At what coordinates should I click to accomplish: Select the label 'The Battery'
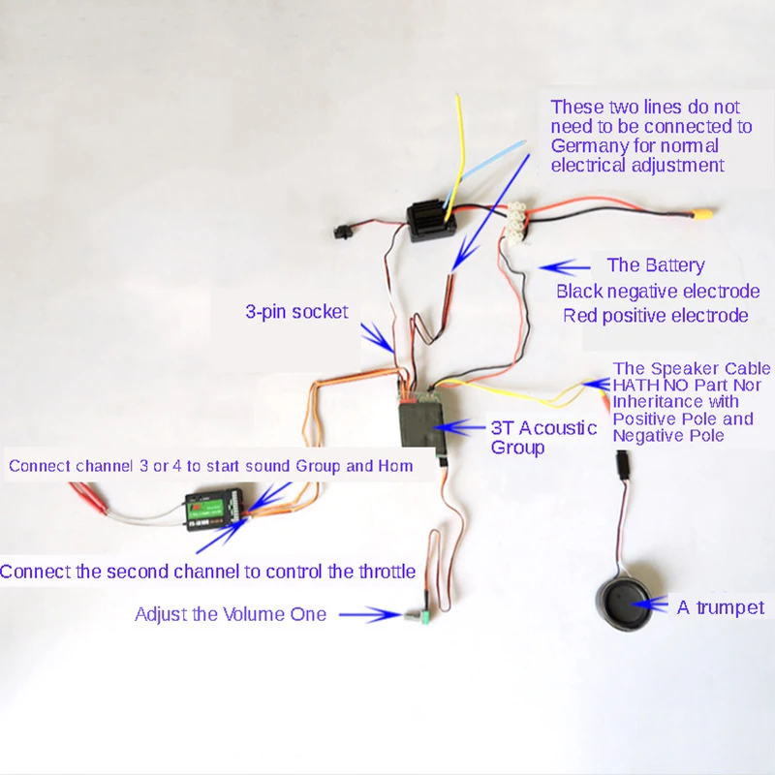point(655,265)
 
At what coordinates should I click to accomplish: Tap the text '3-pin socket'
point(296,312)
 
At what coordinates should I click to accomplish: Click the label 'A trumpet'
point(721,607)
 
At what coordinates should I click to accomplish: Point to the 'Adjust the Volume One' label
point(231,613)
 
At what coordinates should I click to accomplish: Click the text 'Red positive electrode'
point(656,316)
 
